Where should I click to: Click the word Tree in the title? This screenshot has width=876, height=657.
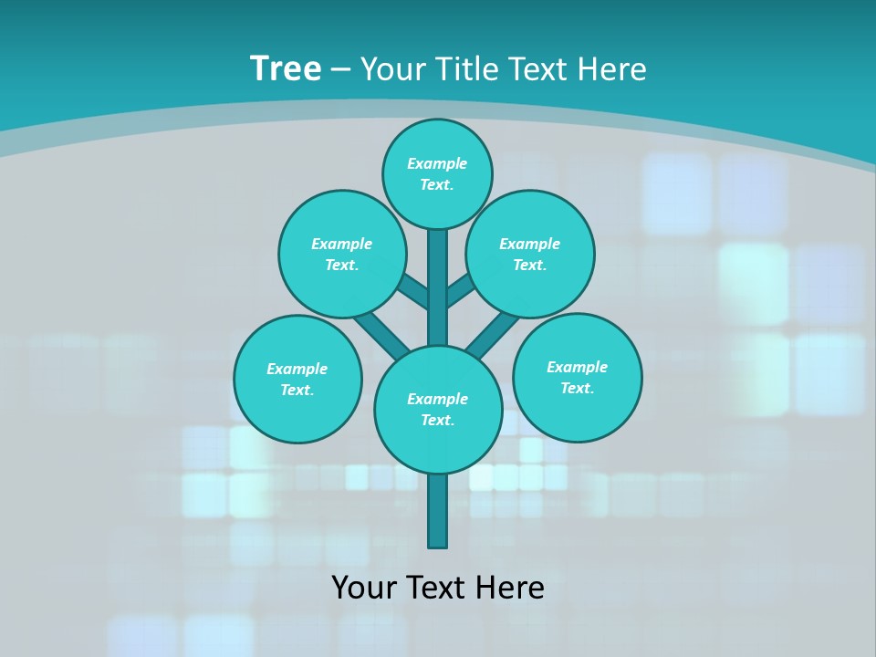pos(286,69)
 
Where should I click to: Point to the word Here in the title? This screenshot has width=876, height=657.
pos(613,69)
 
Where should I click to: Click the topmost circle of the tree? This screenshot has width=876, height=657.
pos(437,173)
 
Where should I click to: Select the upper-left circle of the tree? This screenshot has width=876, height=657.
pos(341,254)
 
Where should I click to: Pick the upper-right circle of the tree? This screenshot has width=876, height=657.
pos(529,254)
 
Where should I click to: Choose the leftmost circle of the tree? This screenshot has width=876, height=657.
pos(297,379)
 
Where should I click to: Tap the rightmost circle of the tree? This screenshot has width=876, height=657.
pos(577,377)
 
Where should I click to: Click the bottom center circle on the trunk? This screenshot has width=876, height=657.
pos(438,410)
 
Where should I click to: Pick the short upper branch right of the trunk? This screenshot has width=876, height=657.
pos(460,291)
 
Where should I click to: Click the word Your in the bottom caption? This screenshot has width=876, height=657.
pos(362,588)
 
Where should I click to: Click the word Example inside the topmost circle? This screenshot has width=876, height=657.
pos(437,163)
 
